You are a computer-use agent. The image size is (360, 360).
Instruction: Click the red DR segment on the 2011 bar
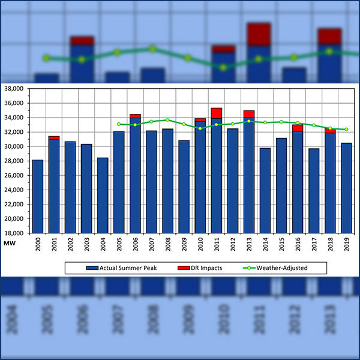pyautogui.click(x=216, y=113)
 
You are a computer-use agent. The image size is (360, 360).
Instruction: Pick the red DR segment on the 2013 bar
pyautogui.click(x=248, y=114)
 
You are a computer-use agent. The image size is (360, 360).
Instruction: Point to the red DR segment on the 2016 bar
pyautogui.click(x=297, y=128)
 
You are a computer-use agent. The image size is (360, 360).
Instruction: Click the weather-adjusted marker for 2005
pyautogui.click(x=119, y=124)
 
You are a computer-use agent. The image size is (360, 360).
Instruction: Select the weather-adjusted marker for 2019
pyautogui.click(x=346, y=130)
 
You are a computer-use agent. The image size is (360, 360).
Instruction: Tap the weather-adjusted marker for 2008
pyautogui.click(x=167, y=120)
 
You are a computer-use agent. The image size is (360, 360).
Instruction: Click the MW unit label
pyautogui.click(x=10, y=242)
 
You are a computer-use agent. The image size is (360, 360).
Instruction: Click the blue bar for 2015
pyautogui.click(x=281, y=185)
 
